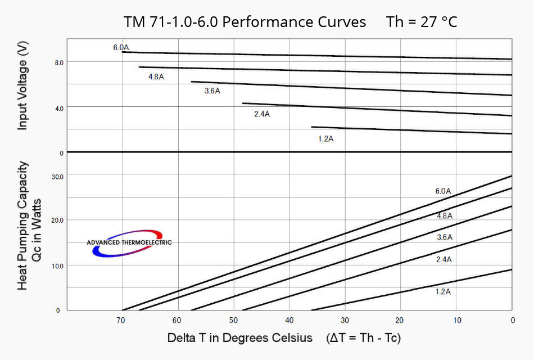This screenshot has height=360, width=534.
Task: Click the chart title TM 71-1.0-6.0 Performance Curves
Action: [245, 22]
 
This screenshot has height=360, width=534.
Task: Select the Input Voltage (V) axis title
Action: [22, 87]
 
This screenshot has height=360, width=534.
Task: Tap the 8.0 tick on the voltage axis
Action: [59, 62]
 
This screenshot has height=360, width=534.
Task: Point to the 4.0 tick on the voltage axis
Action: [59, 107]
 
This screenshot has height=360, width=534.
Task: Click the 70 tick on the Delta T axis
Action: [121, 320]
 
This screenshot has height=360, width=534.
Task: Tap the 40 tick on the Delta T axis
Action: [289, 320]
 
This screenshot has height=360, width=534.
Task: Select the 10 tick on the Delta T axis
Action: [457, 320]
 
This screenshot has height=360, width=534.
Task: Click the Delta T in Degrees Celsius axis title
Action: [240, 338]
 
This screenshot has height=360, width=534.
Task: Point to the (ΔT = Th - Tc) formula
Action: [363, 338]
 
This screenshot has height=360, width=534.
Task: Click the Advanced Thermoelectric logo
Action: [129, 242]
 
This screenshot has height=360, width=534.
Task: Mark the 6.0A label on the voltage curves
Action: [121, 48]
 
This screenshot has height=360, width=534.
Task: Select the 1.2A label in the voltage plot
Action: [325, 138]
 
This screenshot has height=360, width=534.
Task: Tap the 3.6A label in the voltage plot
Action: [212, 91]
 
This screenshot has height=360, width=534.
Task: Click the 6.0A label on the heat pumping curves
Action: [444, 191]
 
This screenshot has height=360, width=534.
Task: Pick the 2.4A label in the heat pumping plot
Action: [444, 259]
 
